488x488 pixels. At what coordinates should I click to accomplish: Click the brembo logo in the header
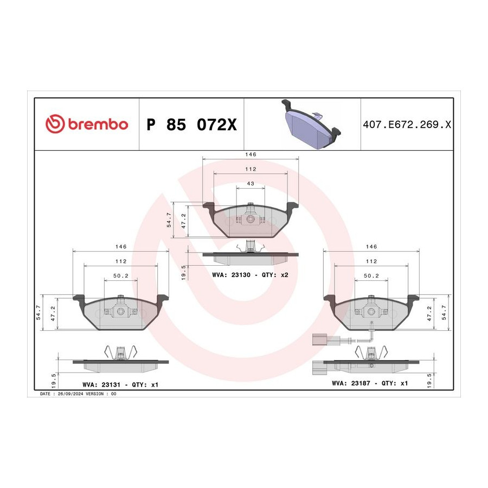coord(87,124)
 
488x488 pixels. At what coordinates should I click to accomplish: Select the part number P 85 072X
coord(191,125)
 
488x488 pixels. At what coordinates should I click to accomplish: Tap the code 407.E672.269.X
coord(407,125)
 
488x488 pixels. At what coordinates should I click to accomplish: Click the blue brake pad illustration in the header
coord(311,124)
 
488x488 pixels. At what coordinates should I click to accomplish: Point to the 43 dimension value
coord(251,184)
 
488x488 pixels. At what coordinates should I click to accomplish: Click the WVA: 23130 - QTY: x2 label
coord(250,275)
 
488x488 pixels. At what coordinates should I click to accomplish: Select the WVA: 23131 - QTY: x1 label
coord(120,384)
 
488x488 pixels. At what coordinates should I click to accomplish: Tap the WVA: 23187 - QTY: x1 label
coord(370,383)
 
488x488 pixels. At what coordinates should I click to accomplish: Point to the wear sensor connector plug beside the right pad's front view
coord(319,339)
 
